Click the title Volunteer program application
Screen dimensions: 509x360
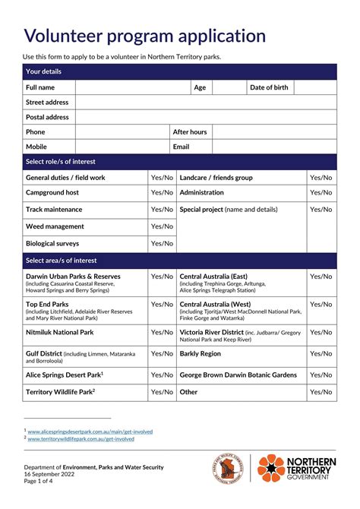pos(145,36)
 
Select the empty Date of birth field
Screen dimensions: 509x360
pos(315,87)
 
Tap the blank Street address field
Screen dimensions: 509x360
pos(205,103)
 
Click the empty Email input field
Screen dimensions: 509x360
pos(273,147)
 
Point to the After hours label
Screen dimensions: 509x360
pos(190,132)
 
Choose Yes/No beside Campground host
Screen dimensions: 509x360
pos(162,193)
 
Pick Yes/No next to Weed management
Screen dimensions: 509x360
pos(162,226)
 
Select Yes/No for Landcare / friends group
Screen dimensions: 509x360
pos(321,178)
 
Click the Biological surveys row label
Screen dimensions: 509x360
pos(52,244)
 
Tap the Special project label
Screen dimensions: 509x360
pos(201,210)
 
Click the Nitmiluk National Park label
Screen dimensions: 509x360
pos(60,333)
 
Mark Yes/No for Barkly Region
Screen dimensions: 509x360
pos(321,354)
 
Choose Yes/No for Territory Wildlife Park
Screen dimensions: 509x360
pos(162,392)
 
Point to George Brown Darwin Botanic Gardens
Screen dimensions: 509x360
pos(238,375)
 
